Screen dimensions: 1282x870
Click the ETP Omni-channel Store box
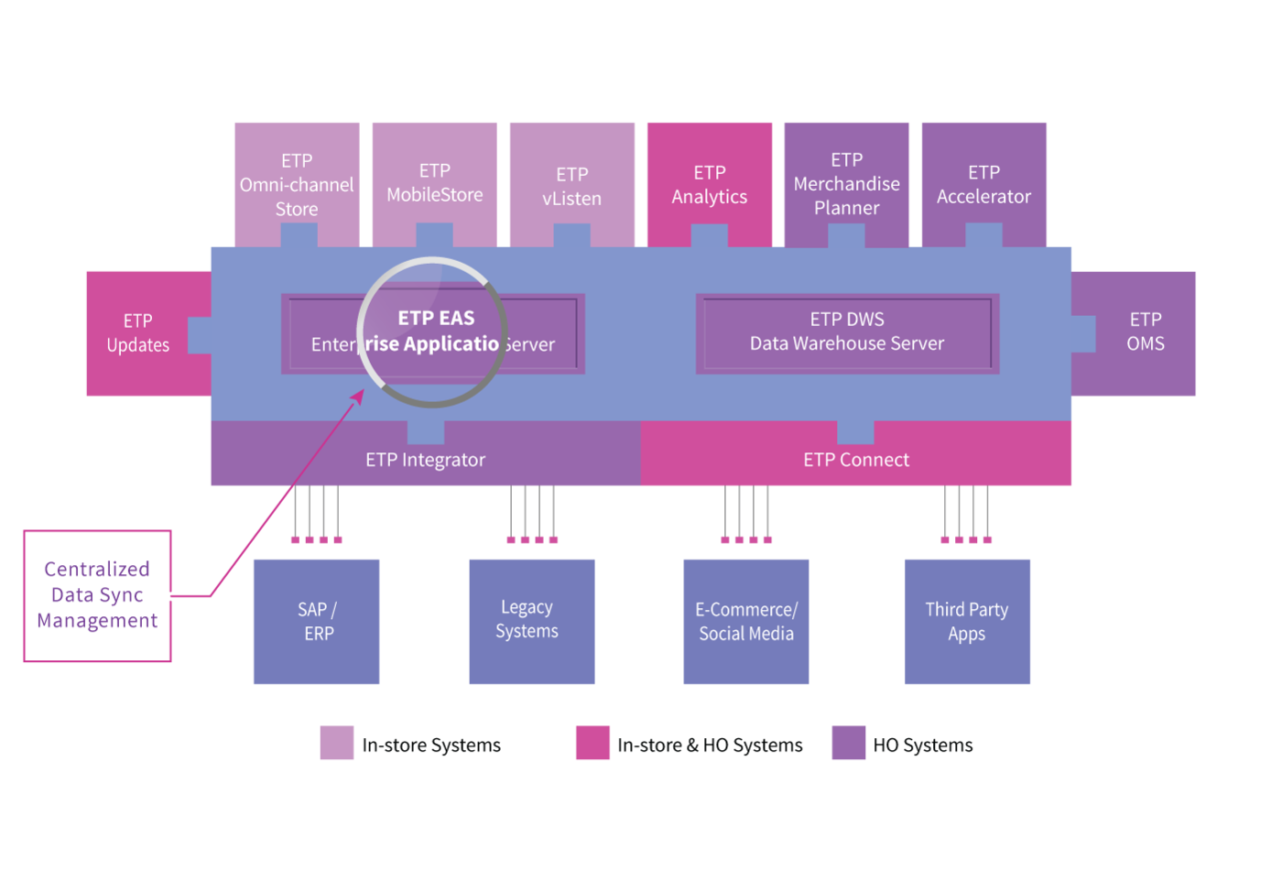(x=297, y=184)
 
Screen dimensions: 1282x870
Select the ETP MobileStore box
(x=434, y=184)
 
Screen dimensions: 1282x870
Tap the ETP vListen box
(x=571, y=184)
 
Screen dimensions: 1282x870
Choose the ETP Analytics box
(x=710, y=184)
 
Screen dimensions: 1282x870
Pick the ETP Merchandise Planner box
(x=846, y=184)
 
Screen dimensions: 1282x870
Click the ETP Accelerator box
(x=983, y=184)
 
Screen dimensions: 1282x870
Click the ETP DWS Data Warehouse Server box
(x=848, y=333)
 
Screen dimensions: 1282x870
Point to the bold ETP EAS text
(x=436, y=318)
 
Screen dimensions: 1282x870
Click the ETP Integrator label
(x=425, y=460)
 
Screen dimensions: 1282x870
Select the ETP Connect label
(x=856, y=460)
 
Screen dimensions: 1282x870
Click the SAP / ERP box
(x=317, y=622)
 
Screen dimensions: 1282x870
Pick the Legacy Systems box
(x=532, y=622)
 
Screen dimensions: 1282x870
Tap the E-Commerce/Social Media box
(x=746, y=622)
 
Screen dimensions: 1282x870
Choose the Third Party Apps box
(x=967, y=622)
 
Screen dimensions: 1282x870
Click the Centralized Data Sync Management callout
(x=97, y=596)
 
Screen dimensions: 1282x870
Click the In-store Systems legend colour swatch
(x=337, y=743)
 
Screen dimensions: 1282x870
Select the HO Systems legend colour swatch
(x=849, y=743)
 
